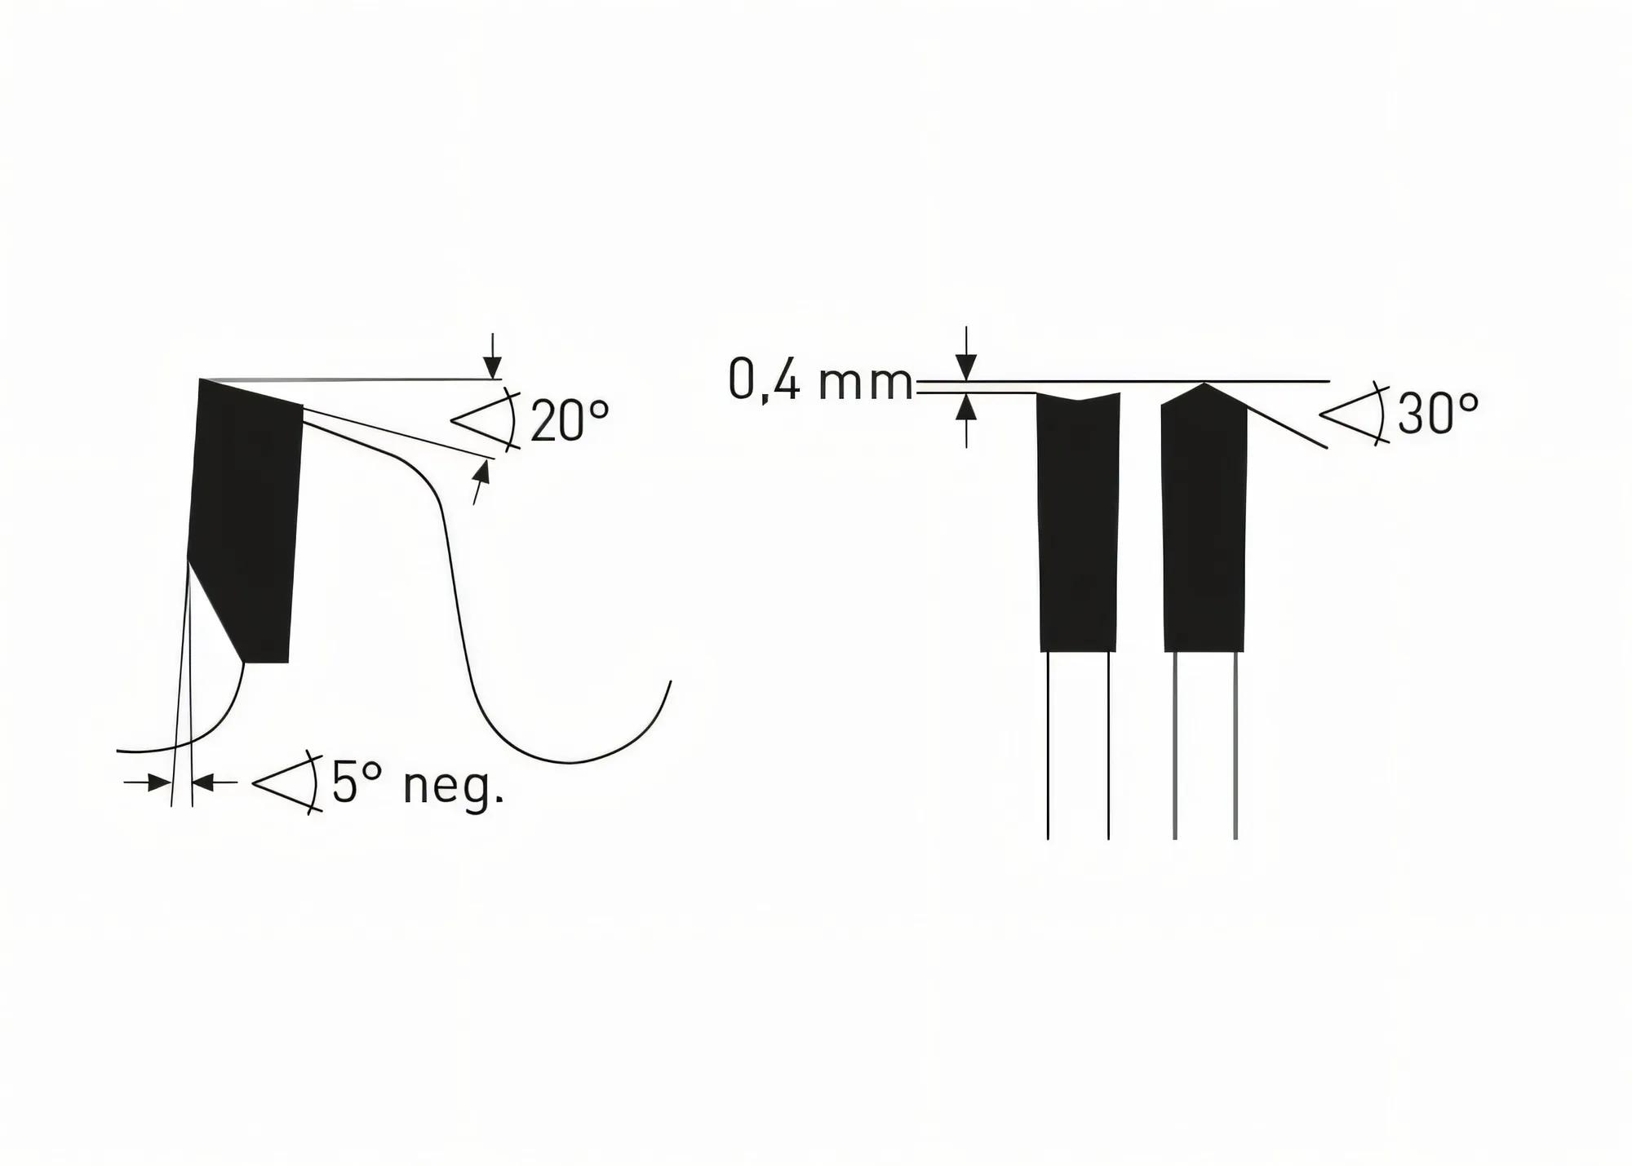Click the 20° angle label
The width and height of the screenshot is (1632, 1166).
[570, 421]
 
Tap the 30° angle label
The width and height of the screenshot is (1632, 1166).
[1438, 415]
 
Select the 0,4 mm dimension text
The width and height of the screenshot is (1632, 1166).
[820, 381]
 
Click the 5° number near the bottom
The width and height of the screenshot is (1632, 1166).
[357, 783]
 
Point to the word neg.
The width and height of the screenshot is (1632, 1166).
[454, 785]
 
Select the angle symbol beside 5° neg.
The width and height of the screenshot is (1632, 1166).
[286, 783]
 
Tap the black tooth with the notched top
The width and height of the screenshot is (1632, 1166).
[1078, 522]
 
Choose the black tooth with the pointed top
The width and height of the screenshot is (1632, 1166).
[1204, 522]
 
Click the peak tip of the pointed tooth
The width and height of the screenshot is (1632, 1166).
[1204, 384]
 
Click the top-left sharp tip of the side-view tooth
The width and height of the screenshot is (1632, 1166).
[202, 380]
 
